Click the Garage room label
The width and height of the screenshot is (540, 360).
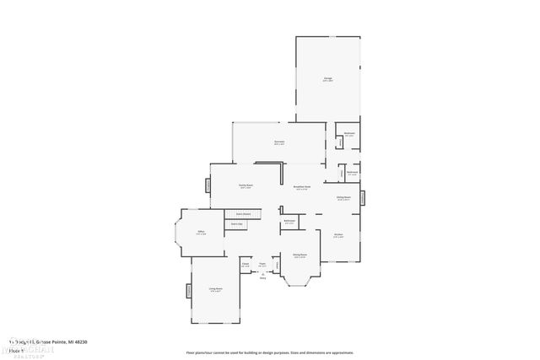coord(327,79)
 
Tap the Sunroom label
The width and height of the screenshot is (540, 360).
coord(279,142)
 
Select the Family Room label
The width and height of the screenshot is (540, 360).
coord(246,185)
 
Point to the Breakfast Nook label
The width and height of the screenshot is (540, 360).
coord(302,187)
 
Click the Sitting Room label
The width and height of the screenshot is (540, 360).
coord(343,198)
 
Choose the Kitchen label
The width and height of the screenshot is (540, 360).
coord(338,235)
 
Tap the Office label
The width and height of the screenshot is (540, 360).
coord(202,232)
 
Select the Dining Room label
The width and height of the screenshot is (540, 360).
coord(300,254)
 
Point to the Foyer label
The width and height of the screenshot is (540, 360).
coord(262,264)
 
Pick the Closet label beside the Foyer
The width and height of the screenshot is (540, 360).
coord(246,264)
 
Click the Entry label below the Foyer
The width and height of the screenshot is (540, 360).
coord(262,277)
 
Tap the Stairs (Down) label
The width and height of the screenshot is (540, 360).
coord(244,213)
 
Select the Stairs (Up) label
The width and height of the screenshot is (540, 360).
coord(238,224)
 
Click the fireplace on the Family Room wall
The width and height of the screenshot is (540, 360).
coord(208,185)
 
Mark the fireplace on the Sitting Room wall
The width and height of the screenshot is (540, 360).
coord(364,197)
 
